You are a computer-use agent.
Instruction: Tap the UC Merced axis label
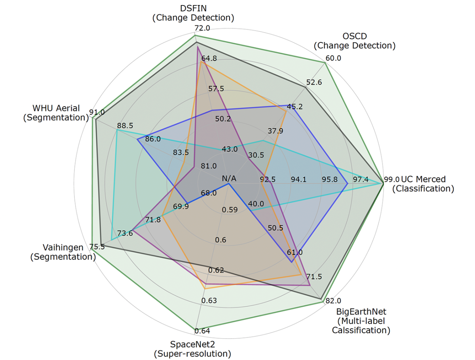[423, 184]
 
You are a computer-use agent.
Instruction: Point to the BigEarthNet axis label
[361, 320]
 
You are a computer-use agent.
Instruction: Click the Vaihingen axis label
[63, 252]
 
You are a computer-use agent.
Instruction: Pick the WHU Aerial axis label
[56, 112]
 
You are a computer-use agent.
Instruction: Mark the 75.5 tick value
[97, 247]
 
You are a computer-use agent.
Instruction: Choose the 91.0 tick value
[97, 112]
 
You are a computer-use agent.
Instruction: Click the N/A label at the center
[229, 179]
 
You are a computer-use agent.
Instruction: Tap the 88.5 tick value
[125, 126]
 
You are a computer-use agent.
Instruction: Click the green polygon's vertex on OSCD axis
[325, 63]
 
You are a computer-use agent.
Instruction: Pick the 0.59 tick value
[230, 210]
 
